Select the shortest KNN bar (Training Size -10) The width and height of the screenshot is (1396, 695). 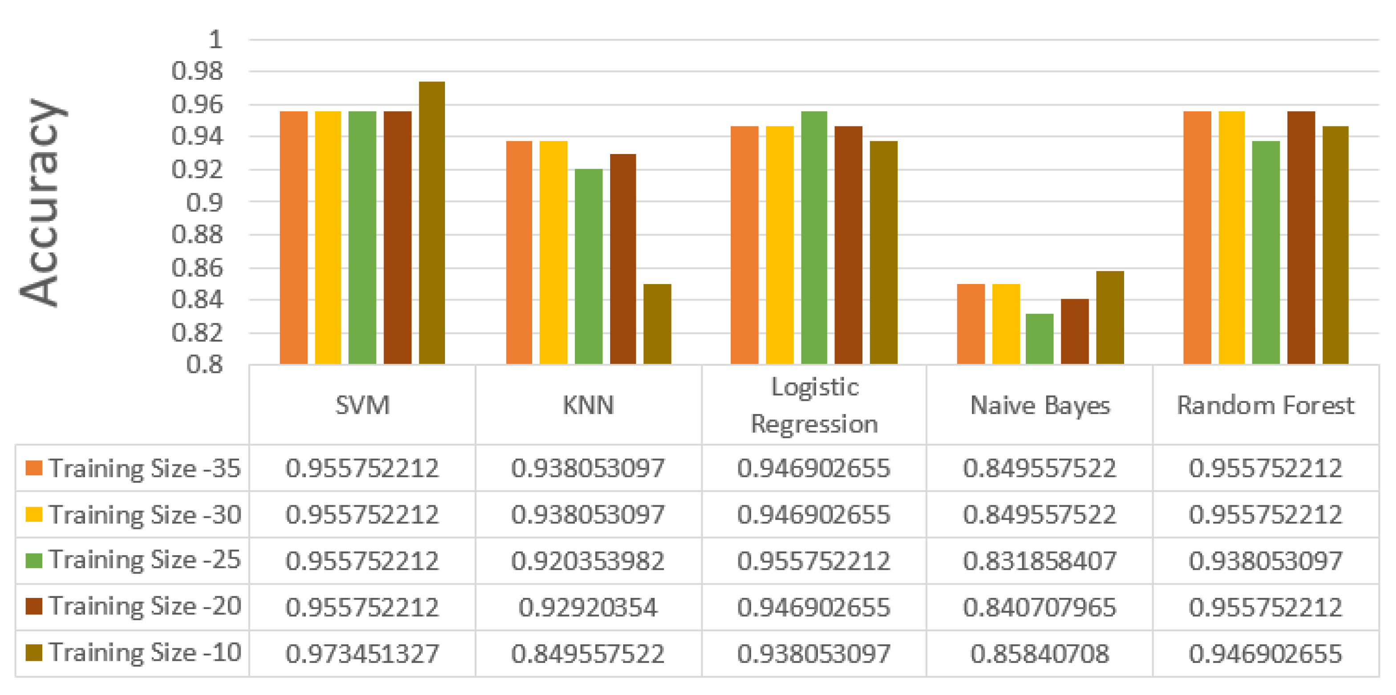pyautogui.click(x=657, y=324)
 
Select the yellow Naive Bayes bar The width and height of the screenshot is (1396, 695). pyautogui.click(x=1005, y=324)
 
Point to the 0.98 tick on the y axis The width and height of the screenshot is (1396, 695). pyautogui.click(x=197, y=72)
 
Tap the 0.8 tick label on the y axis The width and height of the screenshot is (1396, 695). pyautogui.click(x=204, y=365)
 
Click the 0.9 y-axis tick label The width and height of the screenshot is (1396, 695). pyautogui.click(x=204, y=203)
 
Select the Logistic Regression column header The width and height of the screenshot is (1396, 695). pyautogui.click(x=814, y=405)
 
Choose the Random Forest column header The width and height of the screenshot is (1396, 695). pyautogui.click(x=1266, y=405)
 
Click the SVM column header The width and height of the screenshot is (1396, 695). pyautogui.click(x=362, y=405)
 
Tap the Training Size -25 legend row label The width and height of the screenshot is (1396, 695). pyautogui.click(x=144, y=560)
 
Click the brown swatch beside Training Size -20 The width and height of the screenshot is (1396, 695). pyautogui.click(x=34, y=606)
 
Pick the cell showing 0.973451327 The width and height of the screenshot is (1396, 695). pyautogui.click(x=362, y=653)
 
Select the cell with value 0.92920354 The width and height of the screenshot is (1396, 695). pyautogui.click(x=588, y=607)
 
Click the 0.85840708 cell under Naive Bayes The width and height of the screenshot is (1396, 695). pyautogui.click(x=1040, y=653)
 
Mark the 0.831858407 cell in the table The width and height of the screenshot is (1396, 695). pyautogui.click(x=1040, y=561)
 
